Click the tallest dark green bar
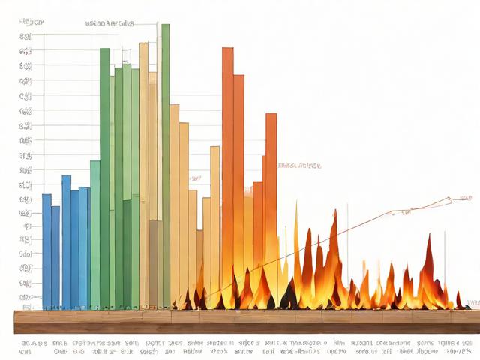pos(165,150)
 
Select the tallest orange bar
pos(227,165)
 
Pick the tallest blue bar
pos(66,240)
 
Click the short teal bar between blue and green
pos(95,232)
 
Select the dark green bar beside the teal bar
pos(105,172)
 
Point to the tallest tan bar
pos(143,172)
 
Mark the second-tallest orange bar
pos(238,180)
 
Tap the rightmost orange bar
pos(271,195)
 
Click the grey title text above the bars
pos(110,23)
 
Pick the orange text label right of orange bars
pos(298,165)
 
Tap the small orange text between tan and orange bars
pos(195,178)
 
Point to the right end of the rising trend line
pos(452,199)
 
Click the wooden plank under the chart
pos(240,322)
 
